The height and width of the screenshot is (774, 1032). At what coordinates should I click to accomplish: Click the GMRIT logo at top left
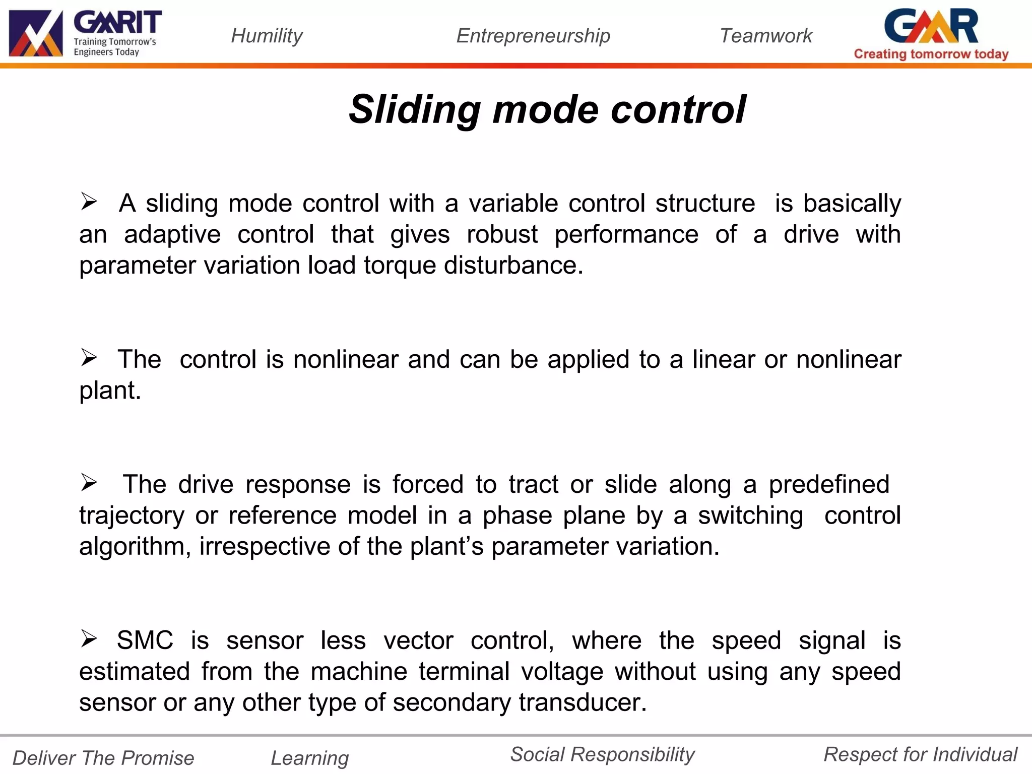coord(85,33)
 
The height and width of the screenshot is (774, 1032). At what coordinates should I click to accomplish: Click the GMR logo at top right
coord(931,26)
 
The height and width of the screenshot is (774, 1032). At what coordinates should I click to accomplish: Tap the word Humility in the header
coord(267,36)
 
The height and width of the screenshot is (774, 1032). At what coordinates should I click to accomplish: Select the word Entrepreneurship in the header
coord(533,36)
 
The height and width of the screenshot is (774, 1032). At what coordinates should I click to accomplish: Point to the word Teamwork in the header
coord(765,36)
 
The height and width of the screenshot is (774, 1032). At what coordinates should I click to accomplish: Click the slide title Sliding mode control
coord(547,109)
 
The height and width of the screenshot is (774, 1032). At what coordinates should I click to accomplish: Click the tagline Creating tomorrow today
coord(931,54)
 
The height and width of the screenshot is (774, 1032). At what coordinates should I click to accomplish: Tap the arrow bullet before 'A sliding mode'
coord(89,202)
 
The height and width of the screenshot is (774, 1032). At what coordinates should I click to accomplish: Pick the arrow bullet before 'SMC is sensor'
coord(89,639)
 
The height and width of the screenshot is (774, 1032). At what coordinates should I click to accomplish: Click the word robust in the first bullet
coord(502,234)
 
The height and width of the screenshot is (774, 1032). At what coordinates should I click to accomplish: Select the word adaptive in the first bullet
coord(172,235)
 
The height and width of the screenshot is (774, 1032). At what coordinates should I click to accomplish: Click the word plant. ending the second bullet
coord(110,391)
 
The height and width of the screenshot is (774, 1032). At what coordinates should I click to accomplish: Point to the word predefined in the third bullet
coord(829,484)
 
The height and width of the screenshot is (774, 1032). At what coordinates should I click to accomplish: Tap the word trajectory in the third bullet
coord(132,516)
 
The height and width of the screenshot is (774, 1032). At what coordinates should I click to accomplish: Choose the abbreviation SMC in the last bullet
coord(145,640)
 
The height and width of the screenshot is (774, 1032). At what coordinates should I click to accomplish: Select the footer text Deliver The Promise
coord(103,758)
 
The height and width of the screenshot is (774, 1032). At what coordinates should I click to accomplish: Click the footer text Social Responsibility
coord(602,754)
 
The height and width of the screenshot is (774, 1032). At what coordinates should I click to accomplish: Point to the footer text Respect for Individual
coord(920,754)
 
